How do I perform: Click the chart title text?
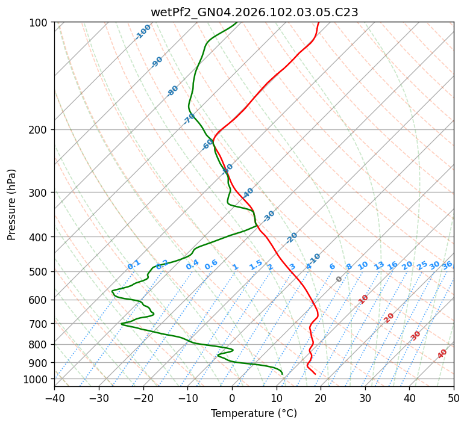pos(254,12)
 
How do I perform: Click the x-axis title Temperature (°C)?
pos(254,413)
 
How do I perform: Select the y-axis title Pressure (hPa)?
pos(12,204)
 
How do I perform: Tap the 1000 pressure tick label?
pos(36,379)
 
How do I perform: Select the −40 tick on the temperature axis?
pos(54,398)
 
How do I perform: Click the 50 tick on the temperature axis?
pos(454,398)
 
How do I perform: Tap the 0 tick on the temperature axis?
pos(232,398)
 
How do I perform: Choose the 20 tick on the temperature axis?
pos(321,398)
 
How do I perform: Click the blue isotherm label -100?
pos(143,32)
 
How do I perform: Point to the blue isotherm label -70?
pos(189,118)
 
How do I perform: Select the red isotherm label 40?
pos(442,354)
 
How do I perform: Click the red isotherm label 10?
pos(363,299)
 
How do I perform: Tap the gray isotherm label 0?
pos(339,279)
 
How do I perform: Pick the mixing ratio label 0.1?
pos(134,265)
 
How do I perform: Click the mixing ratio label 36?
pos(447,265)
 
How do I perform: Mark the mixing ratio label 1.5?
pos(256,264)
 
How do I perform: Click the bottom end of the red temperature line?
pos(315,374)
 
